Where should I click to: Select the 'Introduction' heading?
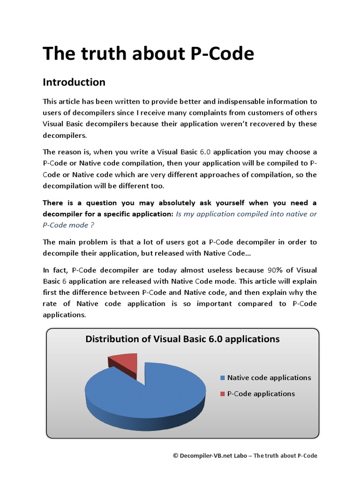pos(74,82)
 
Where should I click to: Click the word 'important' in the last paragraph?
pos(226,304)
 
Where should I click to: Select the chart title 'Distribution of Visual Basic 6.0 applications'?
pos(182,339)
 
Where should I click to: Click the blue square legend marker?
pos(222,378)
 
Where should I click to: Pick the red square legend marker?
pos(222,394)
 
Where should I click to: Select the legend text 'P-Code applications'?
pos(261,394)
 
